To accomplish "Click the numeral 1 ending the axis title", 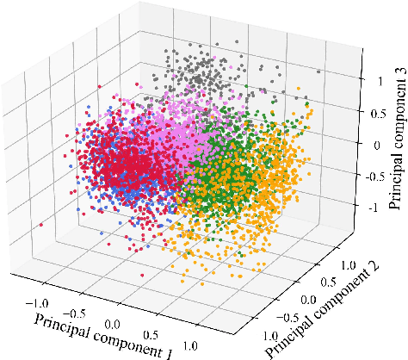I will pyautogui.click(x=169, y=353).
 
